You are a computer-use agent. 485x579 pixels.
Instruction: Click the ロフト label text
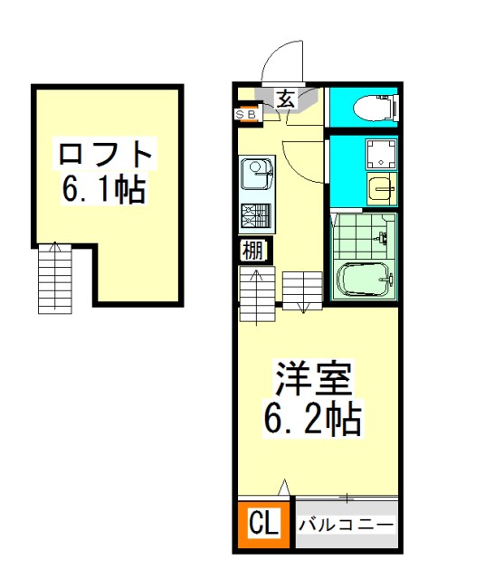tap(105, 154)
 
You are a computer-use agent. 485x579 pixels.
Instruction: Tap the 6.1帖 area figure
tap(103, 189)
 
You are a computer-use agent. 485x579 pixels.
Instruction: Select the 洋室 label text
tap(313, 378)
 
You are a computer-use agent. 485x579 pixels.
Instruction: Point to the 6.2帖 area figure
tap(312, 419)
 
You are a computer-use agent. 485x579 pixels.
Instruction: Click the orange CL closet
tap(263, 524)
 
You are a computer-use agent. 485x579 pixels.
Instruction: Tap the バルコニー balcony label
tap(347, 525)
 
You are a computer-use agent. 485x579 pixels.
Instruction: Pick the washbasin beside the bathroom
tap(382, 189)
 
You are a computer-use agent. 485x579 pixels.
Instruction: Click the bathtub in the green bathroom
tap(365, 280)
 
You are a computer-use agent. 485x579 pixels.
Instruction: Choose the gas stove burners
tap(256, 215)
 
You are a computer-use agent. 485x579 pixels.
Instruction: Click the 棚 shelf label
tap(252, 252)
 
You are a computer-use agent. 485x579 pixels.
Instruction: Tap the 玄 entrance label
tap(286, 99)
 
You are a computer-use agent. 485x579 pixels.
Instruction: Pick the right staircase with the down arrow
tap(302, 290)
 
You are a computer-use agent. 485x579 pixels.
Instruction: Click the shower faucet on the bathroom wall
tap(383, 237)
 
